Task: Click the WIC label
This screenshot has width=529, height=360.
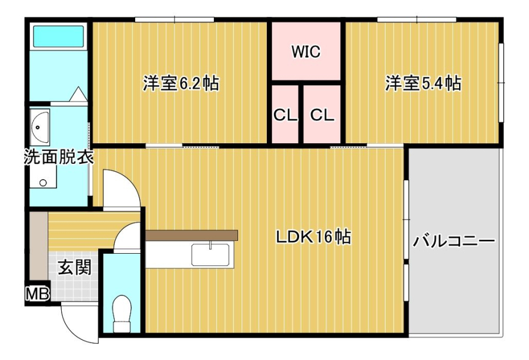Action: point(306,52)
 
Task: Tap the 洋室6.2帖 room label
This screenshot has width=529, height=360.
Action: point(181,83)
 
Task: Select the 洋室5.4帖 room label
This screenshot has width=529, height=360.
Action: point(423,83)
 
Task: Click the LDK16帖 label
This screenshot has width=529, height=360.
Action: point(313,237)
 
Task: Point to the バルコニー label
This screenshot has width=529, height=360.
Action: point(454,241)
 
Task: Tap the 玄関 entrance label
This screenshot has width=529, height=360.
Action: point(75,268)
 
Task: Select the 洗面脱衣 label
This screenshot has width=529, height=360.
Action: point(59,157)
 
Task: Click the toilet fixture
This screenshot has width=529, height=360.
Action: point(122,314)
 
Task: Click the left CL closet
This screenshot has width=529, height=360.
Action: point(285,115)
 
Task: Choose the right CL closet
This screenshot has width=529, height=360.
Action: point(322,115)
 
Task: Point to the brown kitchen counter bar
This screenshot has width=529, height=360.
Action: point(192,235)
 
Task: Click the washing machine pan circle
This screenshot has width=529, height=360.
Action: point(43,183)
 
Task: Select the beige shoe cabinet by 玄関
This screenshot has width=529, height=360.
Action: point(38,246)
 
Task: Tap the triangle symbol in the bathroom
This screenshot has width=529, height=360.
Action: point(79,93)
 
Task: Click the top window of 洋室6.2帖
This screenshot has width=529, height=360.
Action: point(175,19)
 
